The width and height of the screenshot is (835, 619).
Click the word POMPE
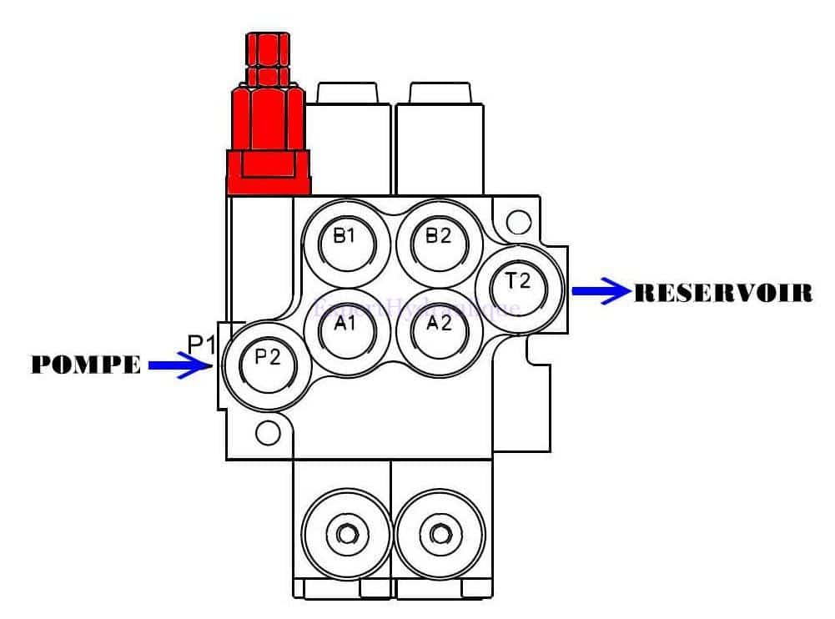(x=87, y=365)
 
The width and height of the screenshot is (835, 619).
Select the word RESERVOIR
(x=723, y=293)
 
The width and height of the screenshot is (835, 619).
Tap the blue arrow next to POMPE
(x=179, y=365)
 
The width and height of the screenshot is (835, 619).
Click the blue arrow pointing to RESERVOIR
(x=601, y=292)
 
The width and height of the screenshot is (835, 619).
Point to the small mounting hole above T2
(x=518, y=221)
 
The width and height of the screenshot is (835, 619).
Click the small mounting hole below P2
(x=269, y=432)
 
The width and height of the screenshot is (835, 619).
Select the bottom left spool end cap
(x=341, y=531)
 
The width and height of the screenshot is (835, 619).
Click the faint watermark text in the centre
(x=417, y=307)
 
